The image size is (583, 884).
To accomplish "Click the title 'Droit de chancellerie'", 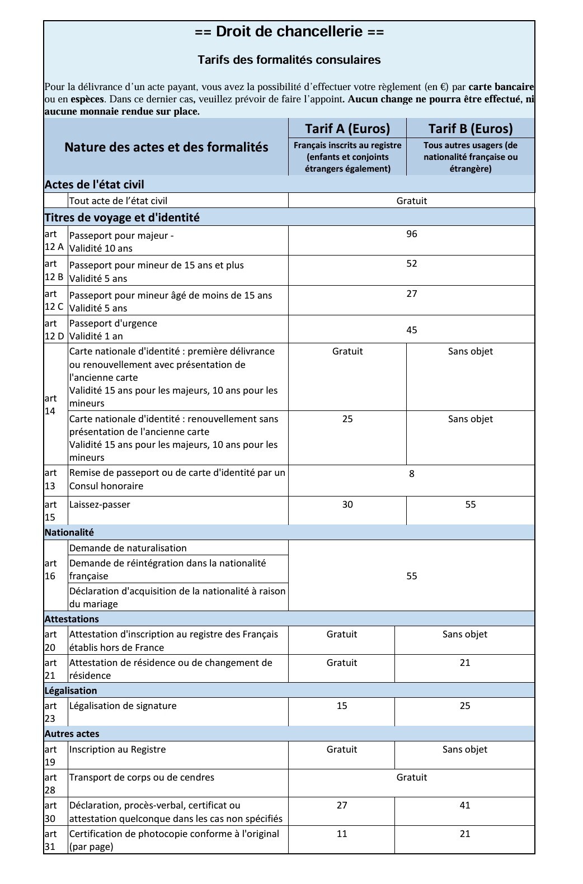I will click(x=289, y=32).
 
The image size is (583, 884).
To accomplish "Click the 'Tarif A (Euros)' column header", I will click(x=347, y=129).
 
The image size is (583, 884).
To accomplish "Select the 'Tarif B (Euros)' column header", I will click(x=470, y=129).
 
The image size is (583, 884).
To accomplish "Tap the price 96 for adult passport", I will click(x=412, y=234).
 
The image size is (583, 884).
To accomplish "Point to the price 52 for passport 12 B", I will click(x=412, y=263).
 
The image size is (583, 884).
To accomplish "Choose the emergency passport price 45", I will click(x=412, y=330).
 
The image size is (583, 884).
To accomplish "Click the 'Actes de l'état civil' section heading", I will click(x=95, y=185).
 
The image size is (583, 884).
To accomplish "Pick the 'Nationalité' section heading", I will click(x=69, y=532).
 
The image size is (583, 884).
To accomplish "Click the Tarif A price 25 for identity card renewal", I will click(x=347, y=419).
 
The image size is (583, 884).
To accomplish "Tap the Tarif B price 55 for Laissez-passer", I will click(x=471, y=504).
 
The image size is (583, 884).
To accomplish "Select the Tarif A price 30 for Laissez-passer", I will click(x=347, y=504).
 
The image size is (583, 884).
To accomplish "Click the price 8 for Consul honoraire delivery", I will click(x=412, y=474).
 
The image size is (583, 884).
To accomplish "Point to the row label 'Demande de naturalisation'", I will click(x=128, y=548).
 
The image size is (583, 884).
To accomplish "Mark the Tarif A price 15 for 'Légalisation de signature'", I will click(x=342, y=706).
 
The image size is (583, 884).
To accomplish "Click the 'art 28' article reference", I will click(x=50, y=783).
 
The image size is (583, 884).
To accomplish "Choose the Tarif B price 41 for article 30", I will click(x=465, y=805).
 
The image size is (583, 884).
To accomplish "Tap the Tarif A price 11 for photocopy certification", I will click(x=342, y=834).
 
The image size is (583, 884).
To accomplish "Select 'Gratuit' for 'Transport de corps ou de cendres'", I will click(x=412, y=777).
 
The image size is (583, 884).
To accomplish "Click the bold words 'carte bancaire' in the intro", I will click(x=501, y=87).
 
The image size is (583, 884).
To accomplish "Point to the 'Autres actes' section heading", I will click(x=72, y=734).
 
